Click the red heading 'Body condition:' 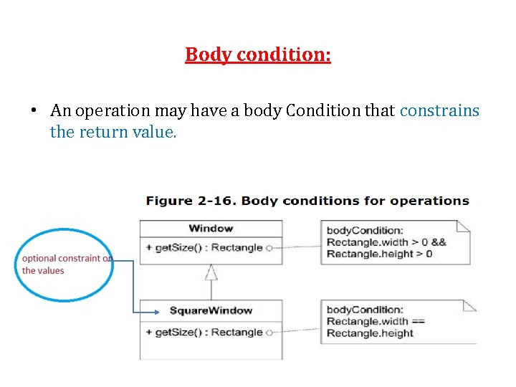[x=258, y=54]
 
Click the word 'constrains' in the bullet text [x=439, y=110]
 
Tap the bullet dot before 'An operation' [x=34, y=111]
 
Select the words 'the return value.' [x=113, y=132]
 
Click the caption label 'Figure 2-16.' [x=191, y=201]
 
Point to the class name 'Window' [x=211, y=229]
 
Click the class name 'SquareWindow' [x=211, y=310]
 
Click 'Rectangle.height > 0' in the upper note [x=379, y=254]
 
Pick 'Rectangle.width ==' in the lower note [x=376, y=321]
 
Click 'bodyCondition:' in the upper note [x=365, y=230]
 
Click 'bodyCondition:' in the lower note [x=365, y=310]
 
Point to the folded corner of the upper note [x=464, y=226]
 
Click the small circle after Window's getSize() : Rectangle [x=269, y=248]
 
